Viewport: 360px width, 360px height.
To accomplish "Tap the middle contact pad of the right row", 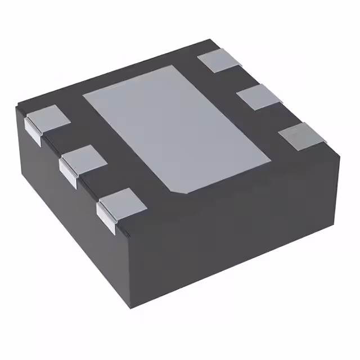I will (259, 97).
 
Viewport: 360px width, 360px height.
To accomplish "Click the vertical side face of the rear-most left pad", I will (32, 132).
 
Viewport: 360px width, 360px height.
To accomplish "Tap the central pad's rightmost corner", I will (269, 159).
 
